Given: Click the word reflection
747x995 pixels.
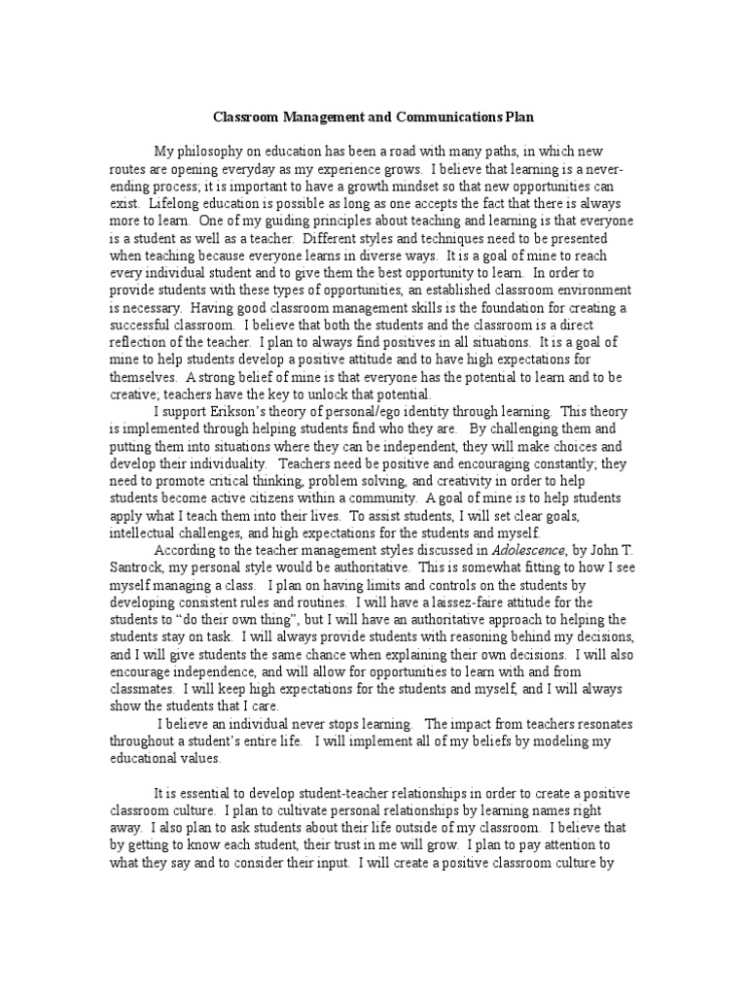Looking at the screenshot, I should tap(140, 342).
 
